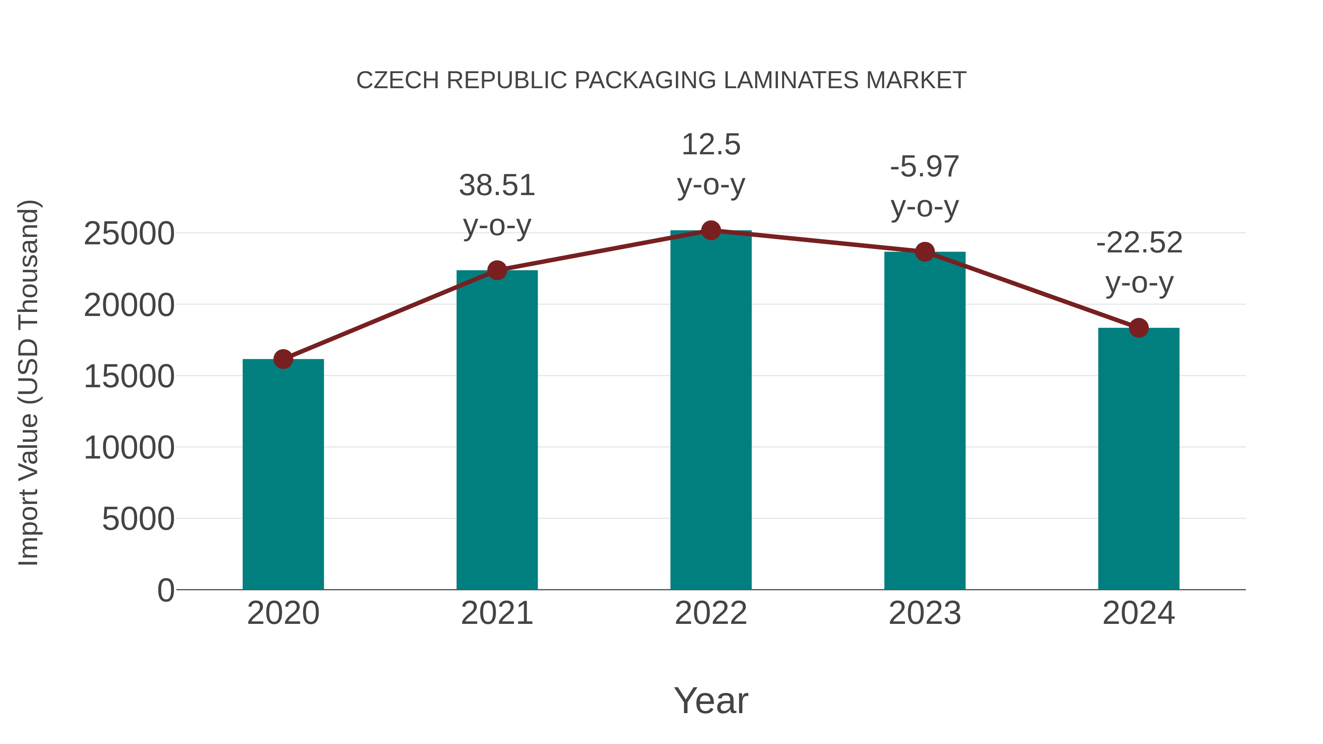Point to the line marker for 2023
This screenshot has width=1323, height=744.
click(925, 252)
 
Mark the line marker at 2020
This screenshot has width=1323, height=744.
click(283, 359)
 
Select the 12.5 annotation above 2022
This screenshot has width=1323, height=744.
click(711, 144)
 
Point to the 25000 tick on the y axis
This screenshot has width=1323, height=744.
click(129, 234)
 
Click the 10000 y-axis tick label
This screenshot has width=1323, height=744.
click(129, 448)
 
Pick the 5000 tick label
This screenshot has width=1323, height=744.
click(138, 519)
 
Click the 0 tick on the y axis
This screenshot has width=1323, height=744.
click(165, 590)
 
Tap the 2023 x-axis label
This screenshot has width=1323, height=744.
click(925, 613)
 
